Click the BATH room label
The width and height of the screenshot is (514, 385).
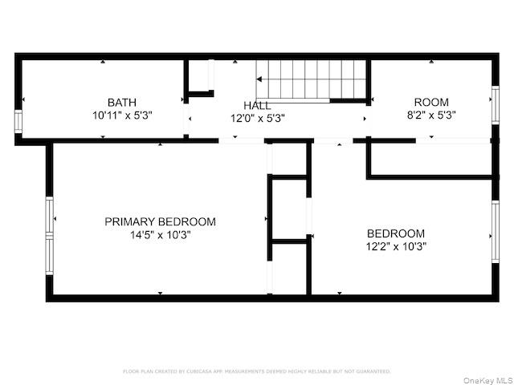click(121, 102)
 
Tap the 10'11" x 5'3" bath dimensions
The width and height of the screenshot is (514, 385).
click(121, 115)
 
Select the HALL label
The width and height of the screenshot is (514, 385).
click(257, 105)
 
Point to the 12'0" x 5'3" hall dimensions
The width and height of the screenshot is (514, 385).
click(257, 118)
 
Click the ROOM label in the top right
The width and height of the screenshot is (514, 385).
click(431, 102)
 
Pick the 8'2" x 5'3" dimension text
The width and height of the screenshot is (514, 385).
click(431, 115)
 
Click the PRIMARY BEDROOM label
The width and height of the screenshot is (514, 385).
click(160, 222)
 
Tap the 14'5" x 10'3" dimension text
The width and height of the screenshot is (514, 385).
click(160, 235)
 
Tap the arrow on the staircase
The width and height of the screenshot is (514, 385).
click(262, 79)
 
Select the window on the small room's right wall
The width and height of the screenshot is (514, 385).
click(495, 103)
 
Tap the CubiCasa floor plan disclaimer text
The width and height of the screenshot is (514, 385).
click(257, 371)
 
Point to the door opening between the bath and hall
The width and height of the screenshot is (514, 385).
click(186, 120)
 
